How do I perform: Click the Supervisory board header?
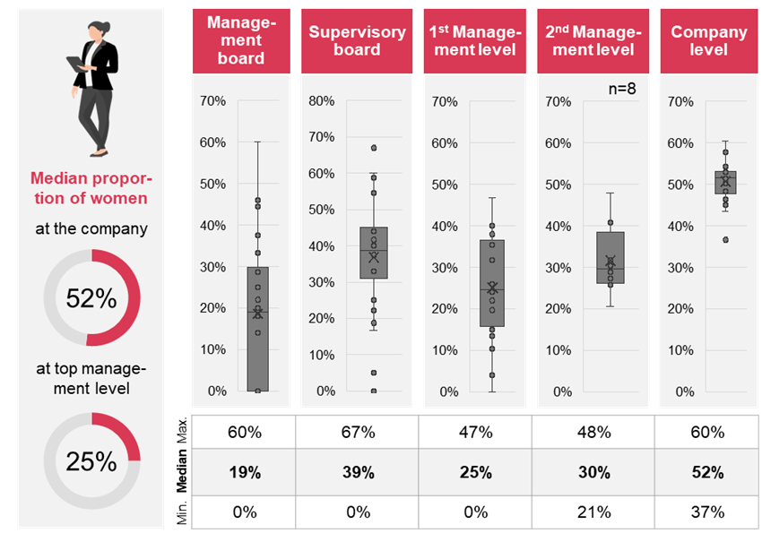click(x=357, y=41)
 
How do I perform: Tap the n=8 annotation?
click(x=620, y=88)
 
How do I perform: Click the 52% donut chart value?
click(x=91, y=298)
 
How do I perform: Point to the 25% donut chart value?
click(x=91, y=460)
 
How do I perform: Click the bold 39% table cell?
click(x=357, y=472)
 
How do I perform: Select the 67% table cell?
click(x=357, y=433)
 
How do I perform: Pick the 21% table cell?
click(x=594, y=512)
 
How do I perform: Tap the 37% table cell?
click(x=707, y=512)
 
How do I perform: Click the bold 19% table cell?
click(x=244, y=472)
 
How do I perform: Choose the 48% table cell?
click(x=594, y=433)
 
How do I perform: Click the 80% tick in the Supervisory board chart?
click(x=321, y=100)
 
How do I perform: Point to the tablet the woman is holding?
click(x=75, y=65)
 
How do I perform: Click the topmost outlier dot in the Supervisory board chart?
click(x=374, y=148)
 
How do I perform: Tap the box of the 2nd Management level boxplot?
click(x=610, y=257)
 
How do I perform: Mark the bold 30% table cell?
click(x=594, y=472)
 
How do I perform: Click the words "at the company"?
click(x=91, y=228)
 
